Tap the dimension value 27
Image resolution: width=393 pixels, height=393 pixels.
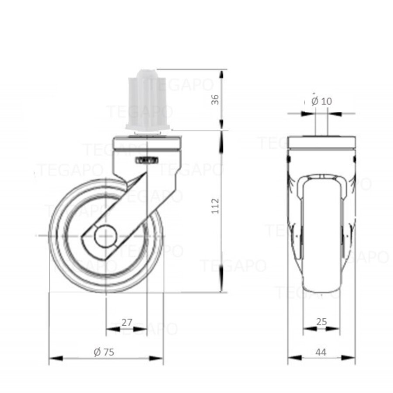coord(126,323)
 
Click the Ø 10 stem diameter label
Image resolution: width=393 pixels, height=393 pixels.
coord(322,101)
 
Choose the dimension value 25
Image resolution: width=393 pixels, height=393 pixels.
coord(321,322)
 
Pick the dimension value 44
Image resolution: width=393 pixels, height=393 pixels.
coord(321,352)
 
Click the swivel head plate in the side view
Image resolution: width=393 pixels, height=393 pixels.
coord(146,144)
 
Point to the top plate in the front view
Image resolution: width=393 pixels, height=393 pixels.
coord(321,142)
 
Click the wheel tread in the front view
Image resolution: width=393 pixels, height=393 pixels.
coord(321,279)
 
